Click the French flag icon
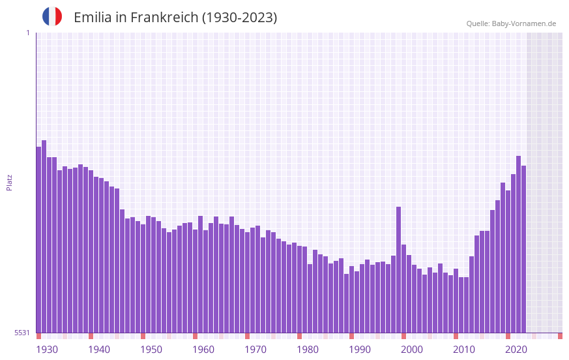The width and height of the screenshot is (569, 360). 52,17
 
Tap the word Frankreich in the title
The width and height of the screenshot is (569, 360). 163,18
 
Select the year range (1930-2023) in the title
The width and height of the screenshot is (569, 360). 239,18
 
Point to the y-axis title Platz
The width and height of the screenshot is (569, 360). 9,182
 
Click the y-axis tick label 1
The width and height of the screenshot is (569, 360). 27,33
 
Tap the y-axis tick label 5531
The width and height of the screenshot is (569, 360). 23,333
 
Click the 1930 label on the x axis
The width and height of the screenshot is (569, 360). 47,350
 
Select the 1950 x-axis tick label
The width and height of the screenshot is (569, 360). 151,350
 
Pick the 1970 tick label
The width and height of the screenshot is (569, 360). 255,350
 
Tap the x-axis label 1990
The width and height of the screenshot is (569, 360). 360,350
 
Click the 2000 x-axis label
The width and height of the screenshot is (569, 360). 412,350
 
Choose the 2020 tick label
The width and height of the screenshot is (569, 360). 516,350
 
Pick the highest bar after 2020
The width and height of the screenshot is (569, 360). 518,244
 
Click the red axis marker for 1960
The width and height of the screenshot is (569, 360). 195,336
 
